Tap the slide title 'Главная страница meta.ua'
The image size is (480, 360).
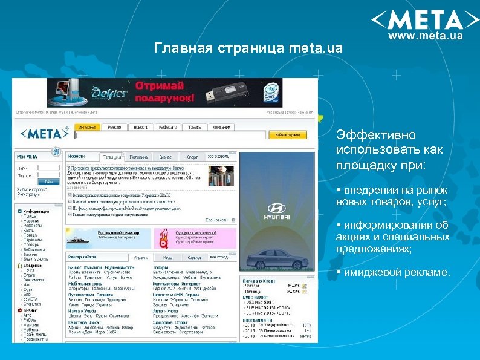tap(248, 47)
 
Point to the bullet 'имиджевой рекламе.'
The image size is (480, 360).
tap(396, 272)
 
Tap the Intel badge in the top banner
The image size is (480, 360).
tap(271, 93)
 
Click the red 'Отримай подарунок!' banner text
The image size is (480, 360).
tap(165, 91)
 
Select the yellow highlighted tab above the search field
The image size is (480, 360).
tap(87, 127)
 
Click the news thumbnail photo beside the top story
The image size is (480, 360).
tap(221, 175)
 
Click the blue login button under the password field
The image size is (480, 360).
tap(48, 181)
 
